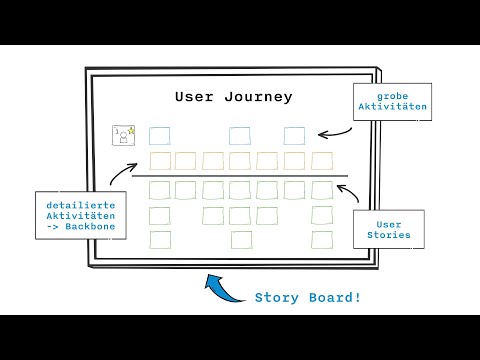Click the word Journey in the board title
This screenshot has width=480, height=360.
tap(257, 97)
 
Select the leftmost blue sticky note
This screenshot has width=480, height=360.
tap(159, 136)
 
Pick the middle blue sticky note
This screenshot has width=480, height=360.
tap(239, 136)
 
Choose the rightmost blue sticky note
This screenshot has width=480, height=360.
tap(294, 136)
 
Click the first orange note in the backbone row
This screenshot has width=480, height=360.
tap(160, 161)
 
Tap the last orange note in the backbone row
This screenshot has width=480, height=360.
tap(321, 161)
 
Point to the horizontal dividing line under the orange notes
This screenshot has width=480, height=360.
tap(240, 176)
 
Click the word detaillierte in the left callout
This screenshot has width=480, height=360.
tap(81, 205)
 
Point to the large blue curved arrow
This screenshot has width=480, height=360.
tap(221, 291)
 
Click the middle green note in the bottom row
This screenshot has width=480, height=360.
tap(241, 239)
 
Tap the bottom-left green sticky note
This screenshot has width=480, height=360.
tap(160, 239)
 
